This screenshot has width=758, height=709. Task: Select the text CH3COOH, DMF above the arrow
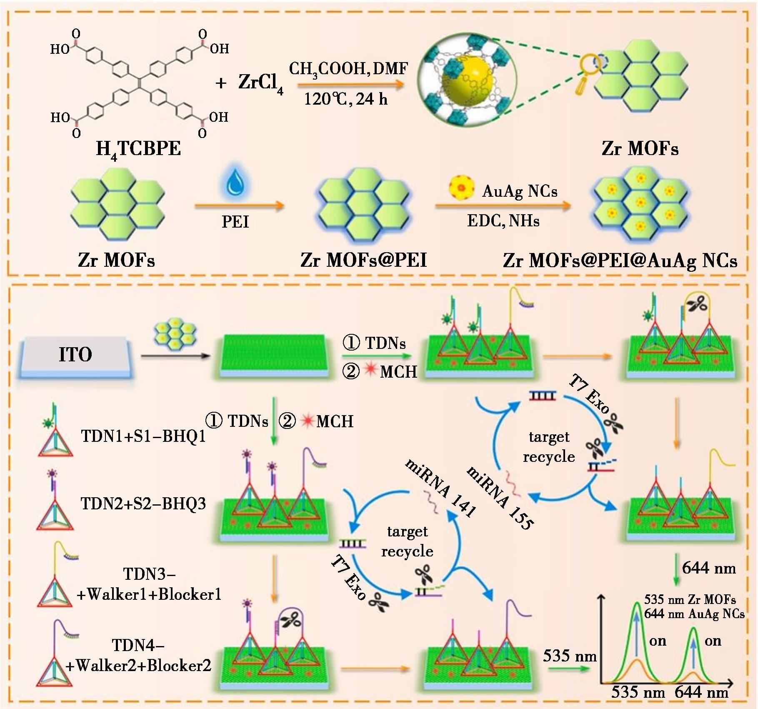pyautogui.click(x=348, y=69)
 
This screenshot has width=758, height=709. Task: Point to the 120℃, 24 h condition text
pyautogui.click(x=346, y=99)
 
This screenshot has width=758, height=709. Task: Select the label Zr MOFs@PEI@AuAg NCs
pyautogui.click(x=620, y=260)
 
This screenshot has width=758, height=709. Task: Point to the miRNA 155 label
pyautogui.click(x=500, y=498)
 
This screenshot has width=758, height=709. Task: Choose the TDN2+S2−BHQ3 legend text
pyautogui.click(x=143, y=503)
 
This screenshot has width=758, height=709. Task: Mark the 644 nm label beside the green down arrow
pyautogui.click(x=709, y=568)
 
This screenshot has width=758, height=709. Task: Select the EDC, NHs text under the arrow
pyautogui.click(x=503, y=220)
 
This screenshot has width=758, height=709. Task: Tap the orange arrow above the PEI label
pyautogui.click(x=240, y=205)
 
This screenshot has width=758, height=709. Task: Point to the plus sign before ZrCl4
pyautogui.click(x=221, y=83)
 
